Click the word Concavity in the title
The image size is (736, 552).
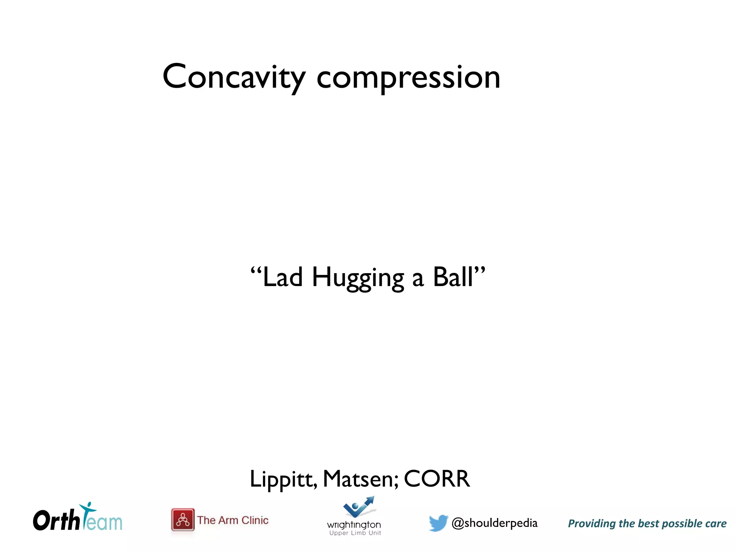(234, 77)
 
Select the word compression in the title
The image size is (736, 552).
(408, 78)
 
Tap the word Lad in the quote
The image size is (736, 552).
(282, 277)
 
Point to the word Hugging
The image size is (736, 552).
(358, 279)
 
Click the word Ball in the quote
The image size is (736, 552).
(454, 277)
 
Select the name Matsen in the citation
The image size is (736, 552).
(360, 479)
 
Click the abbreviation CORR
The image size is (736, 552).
(437, 479)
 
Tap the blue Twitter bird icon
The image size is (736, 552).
(438, 523)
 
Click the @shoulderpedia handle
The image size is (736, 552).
(494, 523)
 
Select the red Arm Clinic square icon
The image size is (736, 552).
(183, 520)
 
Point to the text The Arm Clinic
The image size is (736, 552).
(233, 520)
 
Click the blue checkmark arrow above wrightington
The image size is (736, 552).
(359, 507)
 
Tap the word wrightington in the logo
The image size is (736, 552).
(354, 525)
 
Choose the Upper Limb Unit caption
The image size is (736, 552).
(355, 533)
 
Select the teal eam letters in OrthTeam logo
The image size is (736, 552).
(104, 523)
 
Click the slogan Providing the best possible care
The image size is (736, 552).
(647, 524)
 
